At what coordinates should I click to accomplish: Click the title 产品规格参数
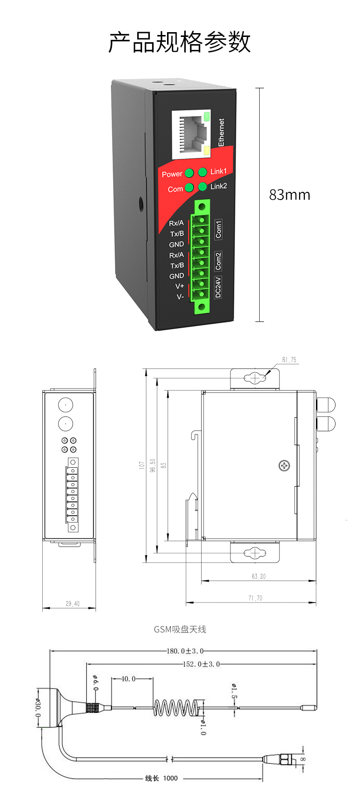180,42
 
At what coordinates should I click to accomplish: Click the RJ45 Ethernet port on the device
191,134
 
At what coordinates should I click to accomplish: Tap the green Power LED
190,173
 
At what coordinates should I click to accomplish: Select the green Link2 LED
203,186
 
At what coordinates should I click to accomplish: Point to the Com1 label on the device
218,229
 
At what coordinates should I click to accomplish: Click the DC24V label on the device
217,287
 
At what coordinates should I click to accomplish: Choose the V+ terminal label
180,286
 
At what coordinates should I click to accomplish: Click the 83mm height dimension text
289,195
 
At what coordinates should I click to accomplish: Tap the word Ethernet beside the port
221,132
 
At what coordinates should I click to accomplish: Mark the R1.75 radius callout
289,360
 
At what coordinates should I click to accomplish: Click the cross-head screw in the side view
284,465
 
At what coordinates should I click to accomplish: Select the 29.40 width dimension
72,604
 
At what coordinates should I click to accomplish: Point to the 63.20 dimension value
258,576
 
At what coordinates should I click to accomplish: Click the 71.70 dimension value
255,598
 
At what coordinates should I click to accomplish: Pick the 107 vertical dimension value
142,465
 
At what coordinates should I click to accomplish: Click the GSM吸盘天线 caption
180,629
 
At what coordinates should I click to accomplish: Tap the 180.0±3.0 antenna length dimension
185,651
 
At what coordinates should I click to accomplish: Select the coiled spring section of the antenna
176,707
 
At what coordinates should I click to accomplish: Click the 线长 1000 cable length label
161,778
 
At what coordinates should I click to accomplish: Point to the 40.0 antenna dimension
128,679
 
